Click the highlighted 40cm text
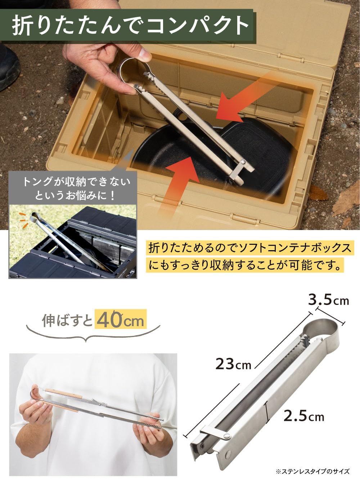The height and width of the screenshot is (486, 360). point(121,320)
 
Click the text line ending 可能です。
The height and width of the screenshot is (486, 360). point(245,266)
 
